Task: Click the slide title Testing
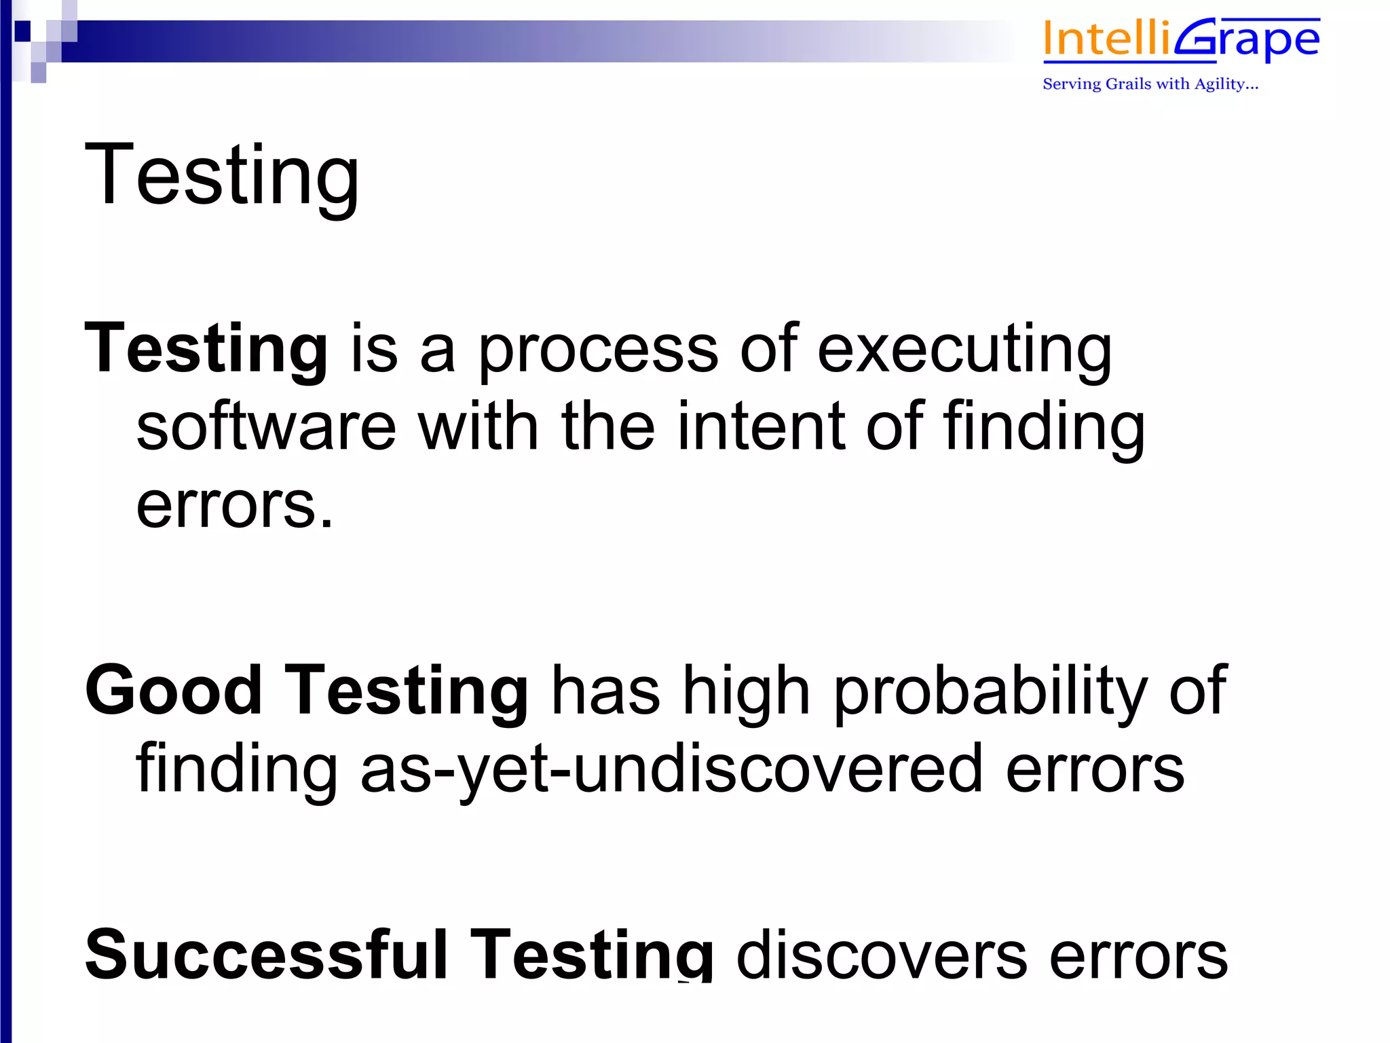coord(221,175)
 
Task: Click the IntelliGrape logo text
coord(1181,39)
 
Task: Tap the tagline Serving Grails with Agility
coord(1150,84)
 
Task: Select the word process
coord(598,349)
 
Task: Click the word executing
coord(964,349)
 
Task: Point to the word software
coord(266,426)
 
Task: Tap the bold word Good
coord(174,691)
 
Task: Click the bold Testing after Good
coord(406,691)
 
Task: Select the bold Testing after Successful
coord(591,955)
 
